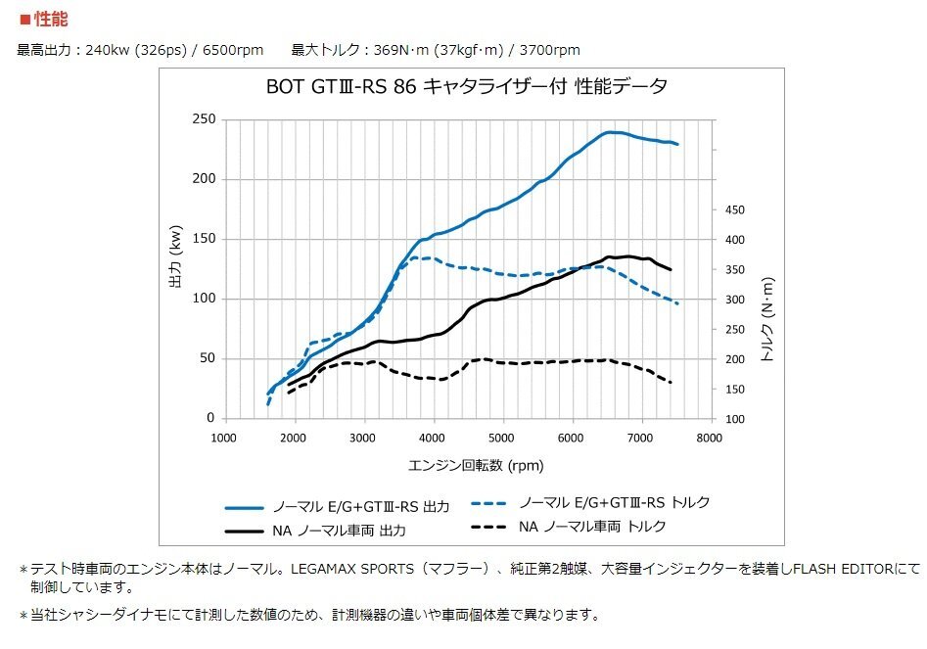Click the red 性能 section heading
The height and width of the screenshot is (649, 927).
pos(49,19)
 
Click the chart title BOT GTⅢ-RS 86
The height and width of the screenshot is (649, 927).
pos(337,87)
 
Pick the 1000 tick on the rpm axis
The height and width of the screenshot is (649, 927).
pos(224,438)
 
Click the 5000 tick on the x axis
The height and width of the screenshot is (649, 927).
pos(502,438)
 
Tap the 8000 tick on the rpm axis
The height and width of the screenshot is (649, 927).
pos(710,438)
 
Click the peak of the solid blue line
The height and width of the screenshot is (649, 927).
pos(613,131)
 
